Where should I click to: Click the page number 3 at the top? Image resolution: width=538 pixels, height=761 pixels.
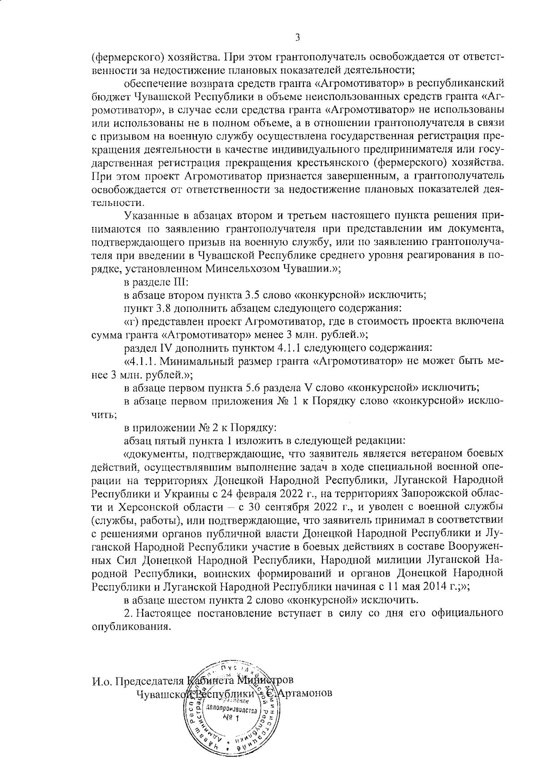coord(297,37)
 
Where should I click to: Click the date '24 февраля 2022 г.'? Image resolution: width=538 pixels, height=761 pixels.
coord(265,494)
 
